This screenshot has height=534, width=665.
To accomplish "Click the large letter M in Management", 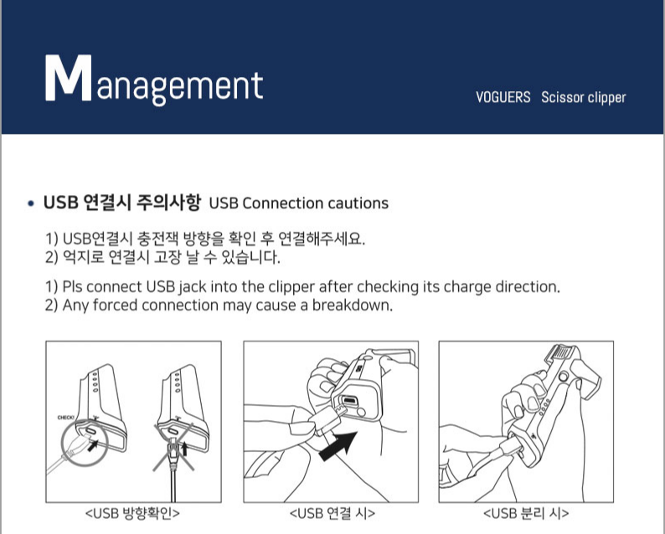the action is click(x=69, y=78).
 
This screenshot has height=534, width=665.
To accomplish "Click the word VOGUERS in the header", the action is click(x=503, y=97).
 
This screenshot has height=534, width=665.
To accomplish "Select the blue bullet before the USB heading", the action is click(x=30, y=203).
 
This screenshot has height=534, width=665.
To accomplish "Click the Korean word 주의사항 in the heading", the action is click(x=168, y=203).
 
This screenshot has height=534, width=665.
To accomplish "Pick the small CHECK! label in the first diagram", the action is click(x=65, y=418).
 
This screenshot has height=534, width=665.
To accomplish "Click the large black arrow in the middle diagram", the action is click(x=338, y=446).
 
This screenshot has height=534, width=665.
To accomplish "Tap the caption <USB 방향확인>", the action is click(x=132, y=513).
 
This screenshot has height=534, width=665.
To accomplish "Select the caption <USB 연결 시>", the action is click(x=332, y=513).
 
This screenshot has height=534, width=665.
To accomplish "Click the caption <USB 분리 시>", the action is click(x=526, y=513).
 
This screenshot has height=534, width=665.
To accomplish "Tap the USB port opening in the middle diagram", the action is click(x=349, y=399).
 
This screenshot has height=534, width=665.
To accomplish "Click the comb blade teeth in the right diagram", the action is click(x=562, y=351).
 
